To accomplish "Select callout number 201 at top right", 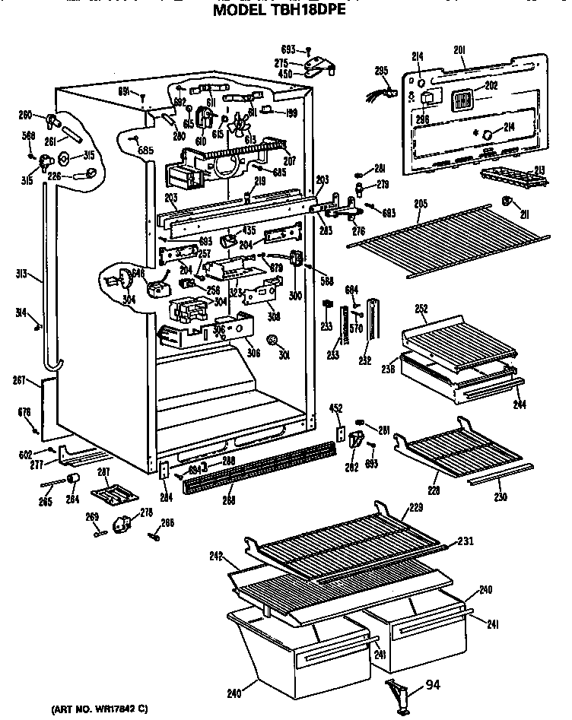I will pos(459,50).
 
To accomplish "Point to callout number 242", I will pos(215,557).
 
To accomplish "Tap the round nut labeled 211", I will pos(505,201).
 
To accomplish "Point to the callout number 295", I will pos(382,71).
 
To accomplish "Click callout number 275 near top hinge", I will pos(281,63).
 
